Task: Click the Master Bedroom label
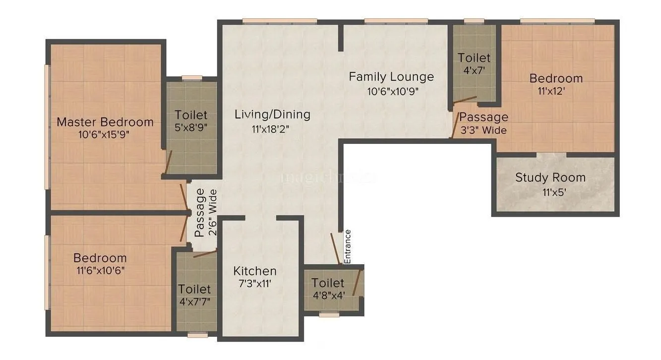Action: tap(105, 122)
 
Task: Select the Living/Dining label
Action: tap(272, 115)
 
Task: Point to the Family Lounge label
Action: tap(391, 77)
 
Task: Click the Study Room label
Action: tap(550, 178)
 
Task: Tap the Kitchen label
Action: tap(255, 271)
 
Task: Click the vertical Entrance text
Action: tap(348, 246)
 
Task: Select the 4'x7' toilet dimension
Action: tap(474, 70)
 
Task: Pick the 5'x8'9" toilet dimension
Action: tap(191, 127)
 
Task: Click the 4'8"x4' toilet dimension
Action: tap(328, 296)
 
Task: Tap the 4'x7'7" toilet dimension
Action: tap(194, 301)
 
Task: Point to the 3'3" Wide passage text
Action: tap(483, 130)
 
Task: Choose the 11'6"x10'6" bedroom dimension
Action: tap(100, 271)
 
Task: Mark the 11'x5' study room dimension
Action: tap(550, 191)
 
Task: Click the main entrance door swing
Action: tap(335, 248)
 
